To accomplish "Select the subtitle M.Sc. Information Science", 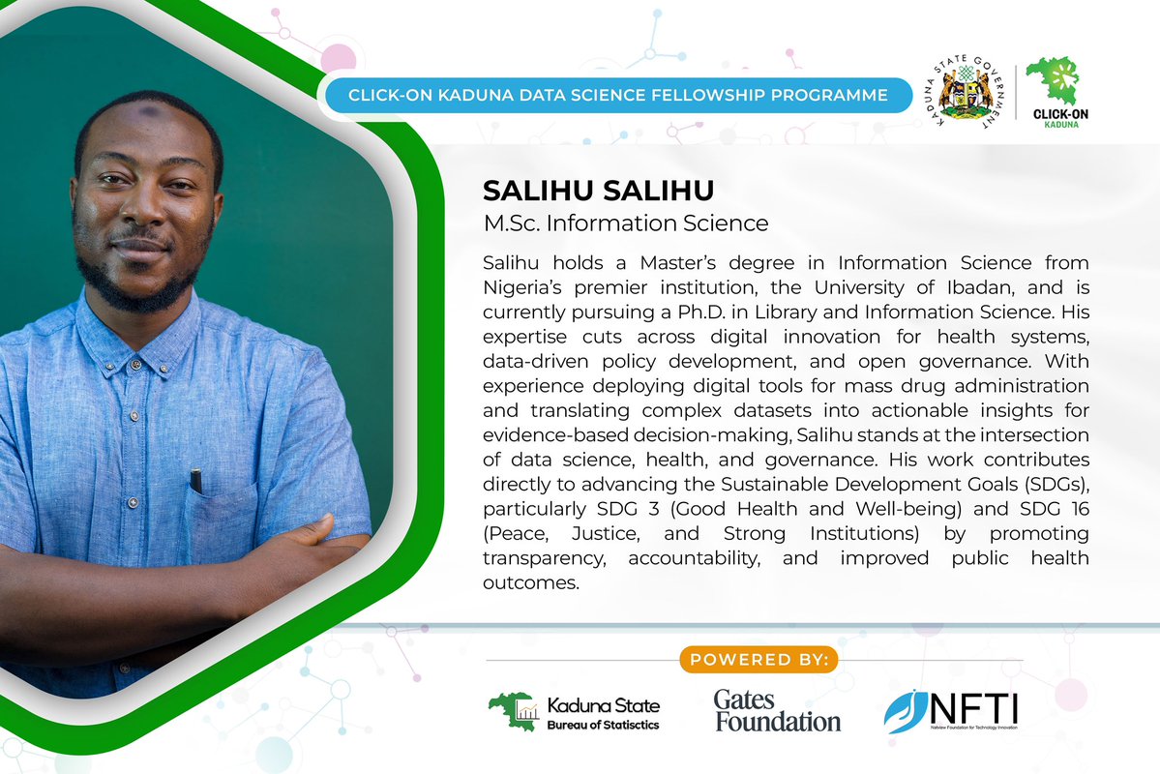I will (626, 223).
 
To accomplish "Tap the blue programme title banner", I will (619, 95).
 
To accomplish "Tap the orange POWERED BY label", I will (758, 660).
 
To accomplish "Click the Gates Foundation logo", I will (777, 711).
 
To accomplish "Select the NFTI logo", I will (950, 711).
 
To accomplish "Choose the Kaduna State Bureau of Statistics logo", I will (575, 713).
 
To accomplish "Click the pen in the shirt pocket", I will (197, 479).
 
